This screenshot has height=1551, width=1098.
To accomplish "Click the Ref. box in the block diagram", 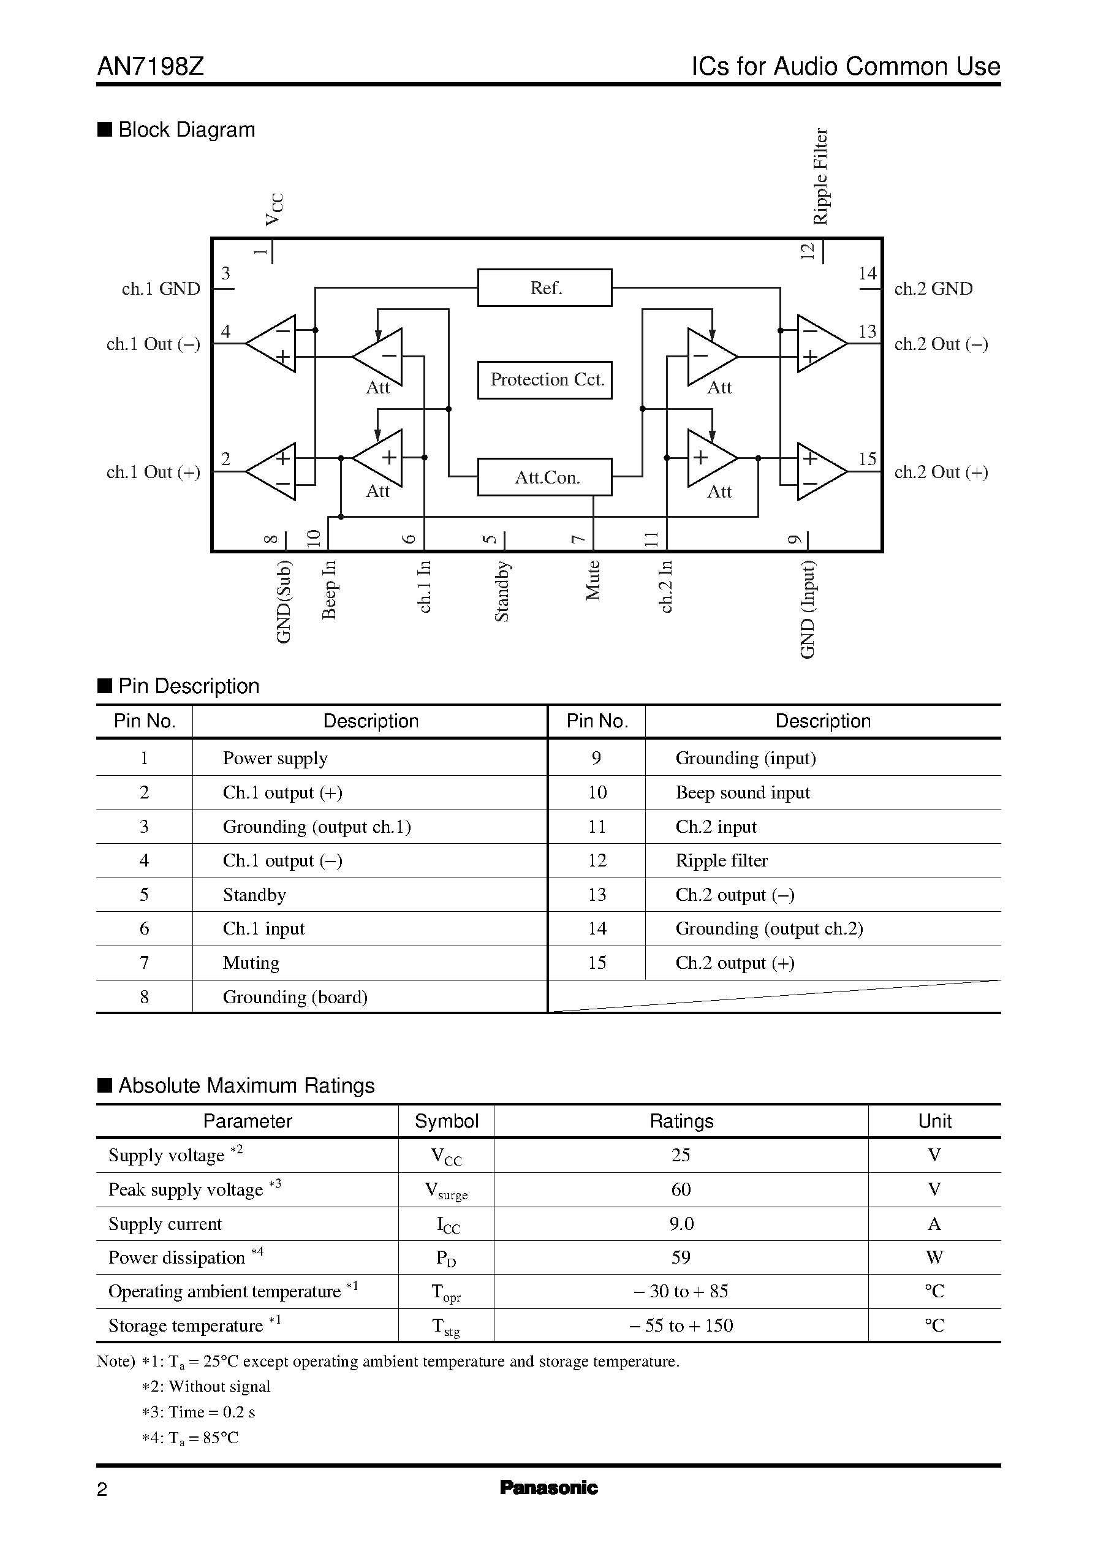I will (x=544, y=288).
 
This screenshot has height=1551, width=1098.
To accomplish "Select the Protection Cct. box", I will (x=544, y=380).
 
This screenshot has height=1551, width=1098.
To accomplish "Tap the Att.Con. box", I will (x=544, y=477).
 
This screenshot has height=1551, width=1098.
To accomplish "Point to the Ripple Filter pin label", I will (x=820, y=176).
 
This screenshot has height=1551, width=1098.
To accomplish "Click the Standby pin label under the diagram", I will (x=502, y=591).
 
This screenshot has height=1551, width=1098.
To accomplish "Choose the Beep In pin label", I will (x=328, y=589).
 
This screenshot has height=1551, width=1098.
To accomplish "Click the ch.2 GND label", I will (x=933, y=289).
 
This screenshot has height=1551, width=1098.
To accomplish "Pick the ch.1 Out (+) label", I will (x=153, y=472).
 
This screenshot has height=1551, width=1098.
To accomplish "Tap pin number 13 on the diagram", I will (x=868, y=332).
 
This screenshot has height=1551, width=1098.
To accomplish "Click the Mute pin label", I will (x=593, y=580).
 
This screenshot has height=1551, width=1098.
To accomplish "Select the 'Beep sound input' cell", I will (x=743, y=792).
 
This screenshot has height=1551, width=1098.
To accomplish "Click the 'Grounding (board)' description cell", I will (x=295, y=996).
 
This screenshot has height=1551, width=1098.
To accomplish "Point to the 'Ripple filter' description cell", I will (x=721, y=861).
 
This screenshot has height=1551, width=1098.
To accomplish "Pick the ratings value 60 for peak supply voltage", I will (x=681, y=1189).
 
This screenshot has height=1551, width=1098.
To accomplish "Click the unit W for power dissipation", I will (x=934, y=1257).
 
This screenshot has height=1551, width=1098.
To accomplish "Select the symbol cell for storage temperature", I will (x=445, y=1327).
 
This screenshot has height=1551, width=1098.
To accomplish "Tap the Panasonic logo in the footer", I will (x=548, y=1487).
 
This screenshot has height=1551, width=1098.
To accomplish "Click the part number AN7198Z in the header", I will (x=151, y=66).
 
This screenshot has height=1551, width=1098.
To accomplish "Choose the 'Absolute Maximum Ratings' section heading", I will (x=246, y=1086).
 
